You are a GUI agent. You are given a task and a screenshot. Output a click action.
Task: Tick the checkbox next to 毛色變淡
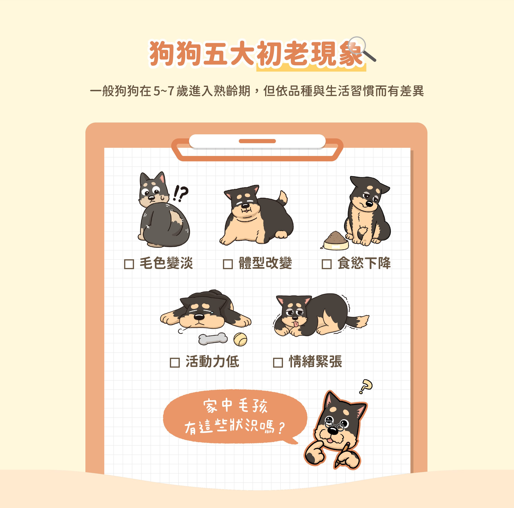pos(129,264)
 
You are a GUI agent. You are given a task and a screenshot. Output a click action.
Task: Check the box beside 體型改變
pos(228,264)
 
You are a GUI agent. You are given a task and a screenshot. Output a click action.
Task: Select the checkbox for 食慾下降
pos(326,264)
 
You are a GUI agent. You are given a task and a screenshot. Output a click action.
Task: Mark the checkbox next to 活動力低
pos(175,362)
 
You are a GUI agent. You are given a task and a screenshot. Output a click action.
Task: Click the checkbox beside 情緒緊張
pos(278,362)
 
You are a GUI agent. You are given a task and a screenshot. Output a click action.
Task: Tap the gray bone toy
pos(213,339)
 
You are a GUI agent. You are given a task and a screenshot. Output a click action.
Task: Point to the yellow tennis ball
pos(240,339)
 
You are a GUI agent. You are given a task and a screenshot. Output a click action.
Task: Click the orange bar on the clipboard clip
pos(257,141)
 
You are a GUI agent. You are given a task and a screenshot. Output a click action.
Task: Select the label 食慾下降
pos(364,263)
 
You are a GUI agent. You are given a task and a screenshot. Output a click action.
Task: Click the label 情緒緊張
pos(316,362)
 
